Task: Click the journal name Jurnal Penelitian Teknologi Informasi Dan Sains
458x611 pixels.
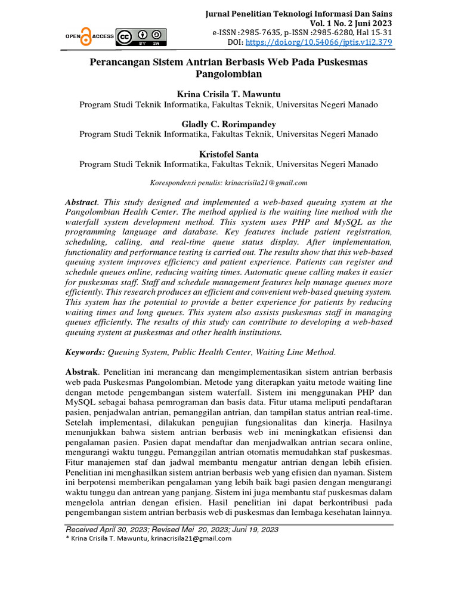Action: click(299, 13)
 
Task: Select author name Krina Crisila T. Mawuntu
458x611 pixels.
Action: click(228, 94)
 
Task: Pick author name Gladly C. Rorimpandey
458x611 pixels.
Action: click(228, 124)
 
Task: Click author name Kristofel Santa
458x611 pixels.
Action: click(228, 154)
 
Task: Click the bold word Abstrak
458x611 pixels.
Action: click(82, 372)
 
